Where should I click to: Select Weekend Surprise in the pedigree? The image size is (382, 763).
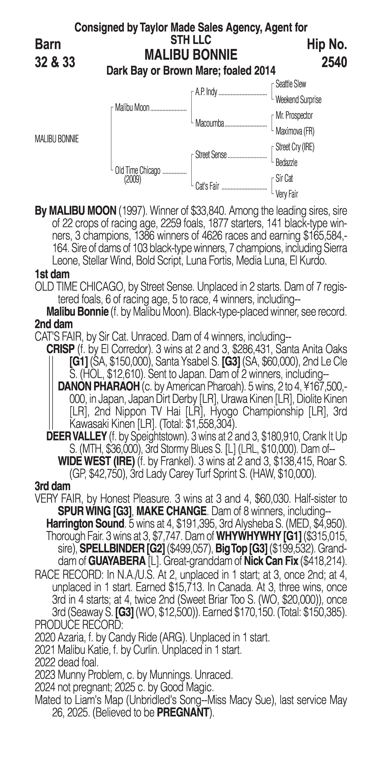(x=298, y=100)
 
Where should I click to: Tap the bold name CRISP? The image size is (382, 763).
(x=60, y=349)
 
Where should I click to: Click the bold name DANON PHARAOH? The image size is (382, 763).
(x=99, y=387)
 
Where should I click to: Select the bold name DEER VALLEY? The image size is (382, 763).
(x=76, y=437)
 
